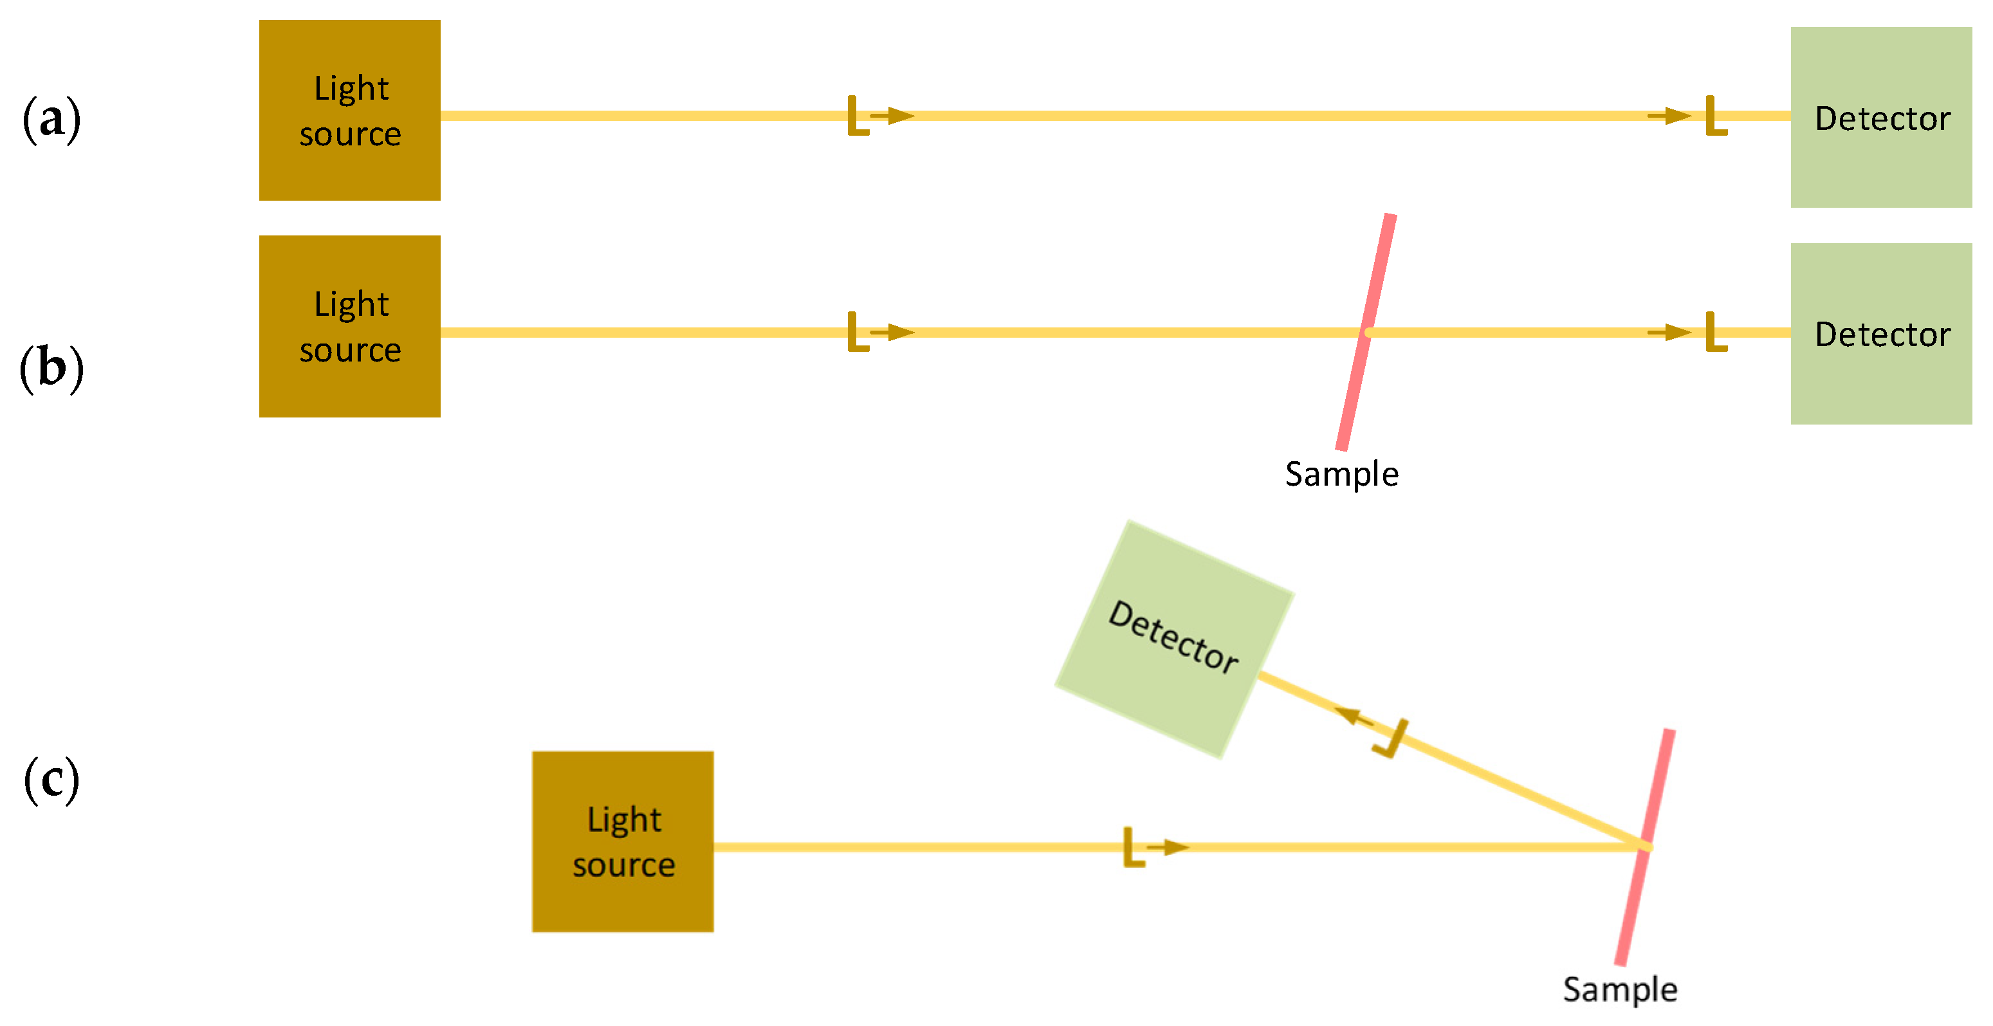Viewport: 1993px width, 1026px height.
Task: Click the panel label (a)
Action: (51, 120)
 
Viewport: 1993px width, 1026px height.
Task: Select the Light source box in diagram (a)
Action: (350, 111)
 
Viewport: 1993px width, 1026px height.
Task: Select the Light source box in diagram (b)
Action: (350, 327)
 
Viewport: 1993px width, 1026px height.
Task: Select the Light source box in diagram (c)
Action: (623, 842)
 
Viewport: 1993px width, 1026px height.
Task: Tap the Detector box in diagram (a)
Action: (1881, 118)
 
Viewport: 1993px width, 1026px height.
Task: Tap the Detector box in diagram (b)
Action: (1881, 333)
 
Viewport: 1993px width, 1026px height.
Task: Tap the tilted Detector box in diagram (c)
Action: (1173, 638)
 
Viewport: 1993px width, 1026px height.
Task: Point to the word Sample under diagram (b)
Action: (1341, 474)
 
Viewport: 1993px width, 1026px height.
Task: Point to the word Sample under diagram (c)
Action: (1620, 989)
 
